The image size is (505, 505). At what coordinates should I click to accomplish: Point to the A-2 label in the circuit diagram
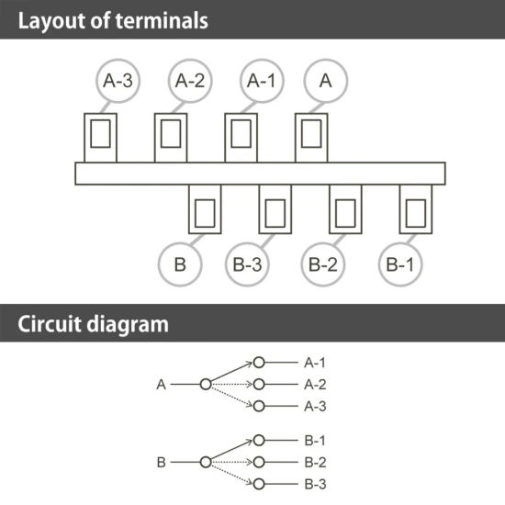coord(315,385)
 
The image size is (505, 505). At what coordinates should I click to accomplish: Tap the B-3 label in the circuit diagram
coord(315,484)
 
